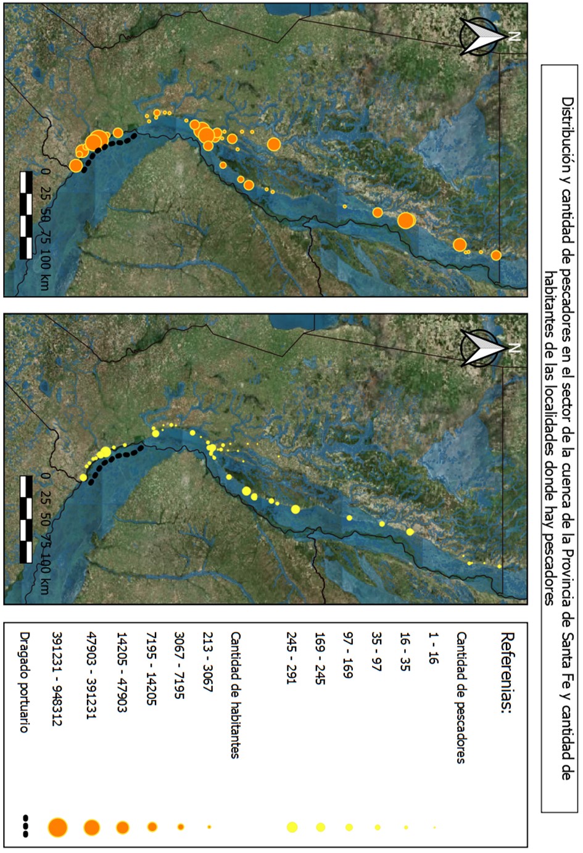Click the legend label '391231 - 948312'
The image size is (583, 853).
[57, 678]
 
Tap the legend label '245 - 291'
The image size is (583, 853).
[292, 657]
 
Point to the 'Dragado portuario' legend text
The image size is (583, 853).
[25, 682]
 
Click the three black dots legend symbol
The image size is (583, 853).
[25, 826]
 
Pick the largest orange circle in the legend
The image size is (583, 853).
[57, 827]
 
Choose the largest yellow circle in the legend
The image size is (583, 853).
[292, 827]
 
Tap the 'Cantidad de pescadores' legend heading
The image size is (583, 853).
[461, 697]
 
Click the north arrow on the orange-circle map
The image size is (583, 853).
[481, 36]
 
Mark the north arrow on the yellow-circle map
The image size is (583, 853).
[481, 348]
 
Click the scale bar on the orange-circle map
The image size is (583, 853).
[27, 215]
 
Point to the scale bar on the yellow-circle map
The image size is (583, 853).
[27, 519]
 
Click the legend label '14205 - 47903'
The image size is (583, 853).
[122, 672]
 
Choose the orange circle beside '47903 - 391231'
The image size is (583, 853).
[91, 827]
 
